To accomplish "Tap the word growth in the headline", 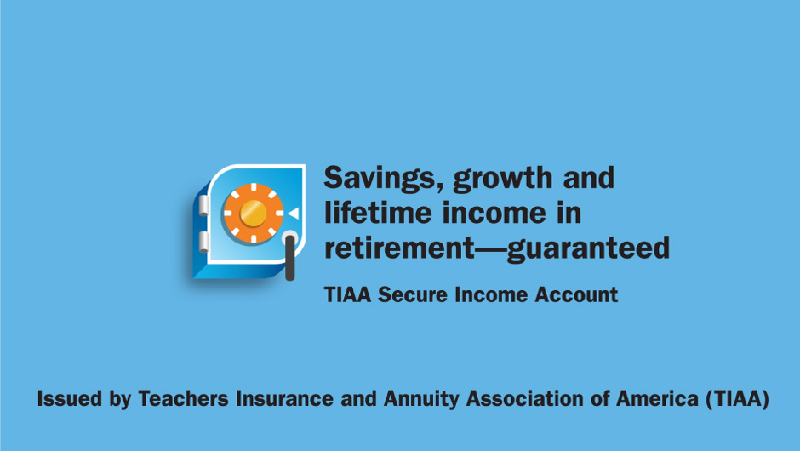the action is (x=502, y=179).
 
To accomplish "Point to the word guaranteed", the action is (x=588, y=248).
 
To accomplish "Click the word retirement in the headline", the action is (x=400, y=248).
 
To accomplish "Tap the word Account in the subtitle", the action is (x=576, y=295).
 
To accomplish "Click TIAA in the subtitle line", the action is (x=347, y=295).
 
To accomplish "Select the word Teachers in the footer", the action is (x=184, y=398).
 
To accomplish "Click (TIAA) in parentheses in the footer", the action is (x=737, y=399).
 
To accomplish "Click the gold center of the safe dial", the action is (x=253, y=213).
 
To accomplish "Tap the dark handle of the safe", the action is (x=289, y=257).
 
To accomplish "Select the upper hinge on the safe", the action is (x=203, y=205).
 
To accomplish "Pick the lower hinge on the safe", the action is (x=203, y=242).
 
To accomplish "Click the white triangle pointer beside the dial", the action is (x=294, y=214).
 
